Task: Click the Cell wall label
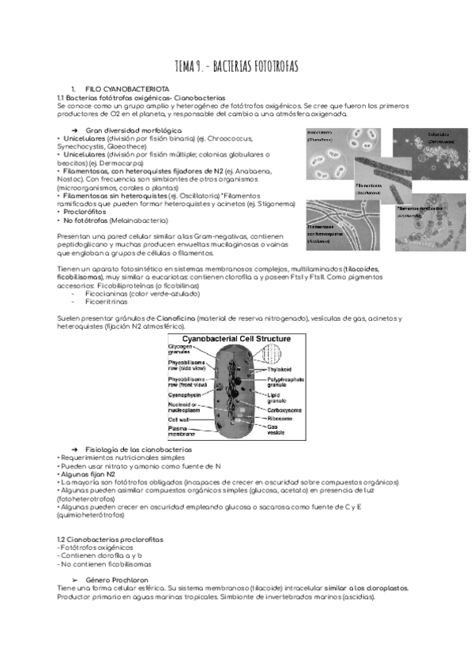coord(179,419)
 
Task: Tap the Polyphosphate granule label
coord(285,382)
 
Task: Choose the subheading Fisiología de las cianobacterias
coord(137,449)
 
